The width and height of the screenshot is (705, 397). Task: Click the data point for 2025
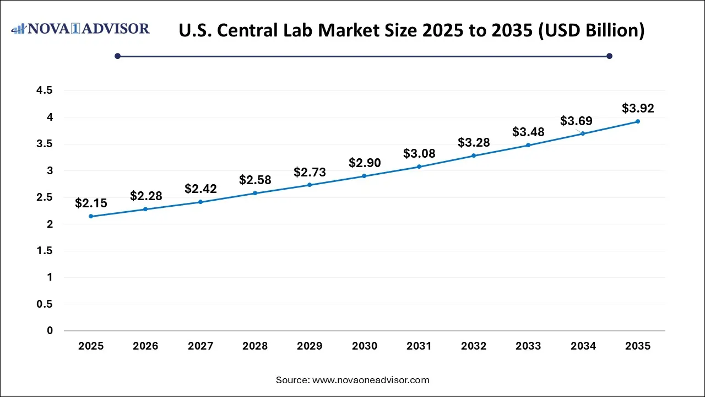pos(91,216)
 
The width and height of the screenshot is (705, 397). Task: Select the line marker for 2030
pos(364,176)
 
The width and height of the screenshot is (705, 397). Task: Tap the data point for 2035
pos(637,121)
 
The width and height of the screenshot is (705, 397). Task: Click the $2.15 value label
pos(91,203)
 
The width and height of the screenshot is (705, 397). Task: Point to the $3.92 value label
pos(638,109)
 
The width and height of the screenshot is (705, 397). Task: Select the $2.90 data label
pos(364,163)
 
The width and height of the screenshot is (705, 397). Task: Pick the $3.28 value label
pos(474,143)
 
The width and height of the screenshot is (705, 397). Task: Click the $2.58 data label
pos(255,180)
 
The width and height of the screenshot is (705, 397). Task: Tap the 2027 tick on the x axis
pos(200,346)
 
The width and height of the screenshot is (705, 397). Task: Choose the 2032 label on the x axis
pos(474,346)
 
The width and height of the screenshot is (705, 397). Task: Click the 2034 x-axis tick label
pos(583,346)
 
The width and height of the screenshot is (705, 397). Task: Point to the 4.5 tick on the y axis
pos(45,91)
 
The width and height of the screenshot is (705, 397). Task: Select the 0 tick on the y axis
pos(50,331)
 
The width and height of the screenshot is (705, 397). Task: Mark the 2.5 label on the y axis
pos(45,197)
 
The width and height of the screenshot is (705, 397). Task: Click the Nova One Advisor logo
pos(80,29)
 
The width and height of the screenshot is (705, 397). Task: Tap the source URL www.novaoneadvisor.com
pos(371,380)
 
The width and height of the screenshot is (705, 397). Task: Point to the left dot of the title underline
pos(117,56)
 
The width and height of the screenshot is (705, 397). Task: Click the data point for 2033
pos(528,145)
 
